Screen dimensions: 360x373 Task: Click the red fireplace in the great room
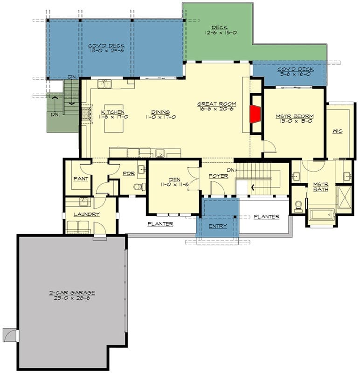[x=255, y=114]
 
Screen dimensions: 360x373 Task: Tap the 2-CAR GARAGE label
[x=72, y=295]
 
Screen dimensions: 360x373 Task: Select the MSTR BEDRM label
[x=295, y=118]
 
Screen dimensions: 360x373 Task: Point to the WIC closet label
[x=338, y=131]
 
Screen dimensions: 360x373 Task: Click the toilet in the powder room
[x=139, y=186]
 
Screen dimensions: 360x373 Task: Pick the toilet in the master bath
[x=298, y=207]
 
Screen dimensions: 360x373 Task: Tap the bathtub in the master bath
[x=322, y=215]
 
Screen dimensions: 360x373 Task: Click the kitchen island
[x=114, y=118]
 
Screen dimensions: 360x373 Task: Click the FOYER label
[x=218, y=176]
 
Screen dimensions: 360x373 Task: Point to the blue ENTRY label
[x=218, y=226]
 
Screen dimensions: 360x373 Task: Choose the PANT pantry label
[x=81, y=179]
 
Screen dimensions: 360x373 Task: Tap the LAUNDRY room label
[x=87, y=214]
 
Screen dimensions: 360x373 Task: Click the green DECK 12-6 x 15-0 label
[x=221, y=30]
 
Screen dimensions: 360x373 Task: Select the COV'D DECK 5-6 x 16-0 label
[x=295, y=71]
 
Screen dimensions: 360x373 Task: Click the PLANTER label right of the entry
[x=266, y=216]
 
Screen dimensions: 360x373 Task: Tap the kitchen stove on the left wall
[x=86, y=113]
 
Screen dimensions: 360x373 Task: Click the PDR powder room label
[x=129, y=173]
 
